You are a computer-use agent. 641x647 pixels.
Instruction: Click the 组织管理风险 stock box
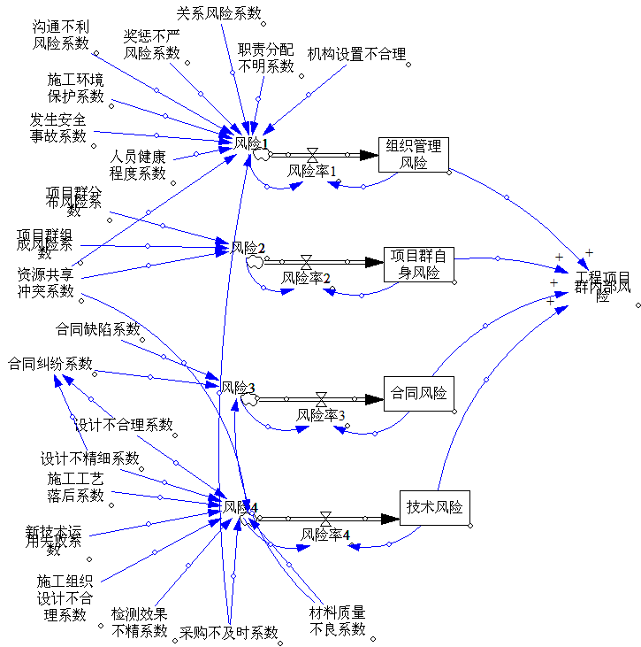(x=414, y=155)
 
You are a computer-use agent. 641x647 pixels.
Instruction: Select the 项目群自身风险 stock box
(x=419, y=264)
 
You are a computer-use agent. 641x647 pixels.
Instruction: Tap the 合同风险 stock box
(x=418, y=392)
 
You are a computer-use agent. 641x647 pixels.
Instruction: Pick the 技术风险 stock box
(x=434, y=508)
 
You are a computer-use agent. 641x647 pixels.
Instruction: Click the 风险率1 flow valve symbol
(x=312, y=155)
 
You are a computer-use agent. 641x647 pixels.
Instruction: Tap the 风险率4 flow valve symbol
(x=325, y=518)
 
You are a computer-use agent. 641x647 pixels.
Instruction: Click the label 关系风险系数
(x=219, y=12)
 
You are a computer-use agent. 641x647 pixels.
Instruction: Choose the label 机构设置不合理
(x=356, y=54)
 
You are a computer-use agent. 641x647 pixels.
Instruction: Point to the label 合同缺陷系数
(x=98, y=329)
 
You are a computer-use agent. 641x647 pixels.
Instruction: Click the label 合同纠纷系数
(x=50, y=363)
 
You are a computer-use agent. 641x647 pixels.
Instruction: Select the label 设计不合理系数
(x=123, y=424)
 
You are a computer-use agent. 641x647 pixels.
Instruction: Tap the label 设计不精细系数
(x=90, y=458)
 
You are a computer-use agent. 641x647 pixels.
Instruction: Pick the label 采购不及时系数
(x=229, y=632)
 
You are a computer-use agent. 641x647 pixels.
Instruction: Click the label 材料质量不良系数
(x=338, y=620)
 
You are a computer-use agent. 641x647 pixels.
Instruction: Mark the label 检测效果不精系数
(x=139, y=622)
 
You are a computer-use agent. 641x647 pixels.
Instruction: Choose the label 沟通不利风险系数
(x=61, y=35)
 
